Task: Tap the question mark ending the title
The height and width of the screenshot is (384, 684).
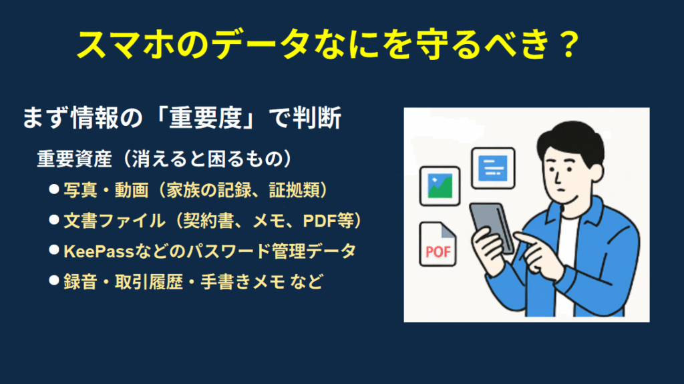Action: [x=569, y=44]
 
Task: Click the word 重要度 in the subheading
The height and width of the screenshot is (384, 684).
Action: [x=206, y=118]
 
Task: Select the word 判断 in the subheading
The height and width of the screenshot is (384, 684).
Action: [x=317, y=118]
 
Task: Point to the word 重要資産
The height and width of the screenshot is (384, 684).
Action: [x=75, y=159]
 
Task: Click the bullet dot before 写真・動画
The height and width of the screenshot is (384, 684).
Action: [x=54, y=189]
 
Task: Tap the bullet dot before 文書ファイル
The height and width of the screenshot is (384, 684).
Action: [x=54, y=220]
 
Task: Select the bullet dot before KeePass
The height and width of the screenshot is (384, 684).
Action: [x=54, y=250]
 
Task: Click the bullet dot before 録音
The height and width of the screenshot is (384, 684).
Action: [x=54, y=281]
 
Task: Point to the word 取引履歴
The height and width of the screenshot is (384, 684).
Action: [x=148, y=282]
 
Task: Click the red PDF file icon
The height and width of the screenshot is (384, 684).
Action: [x=438, y=244]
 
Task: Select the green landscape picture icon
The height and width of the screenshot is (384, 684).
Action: [x=440, y=186]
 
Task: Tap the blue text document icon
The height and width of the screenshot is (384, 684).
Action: [x=493, y=168]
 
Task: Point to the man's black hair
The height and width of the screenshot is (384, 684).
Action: [x=568, y=139]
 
